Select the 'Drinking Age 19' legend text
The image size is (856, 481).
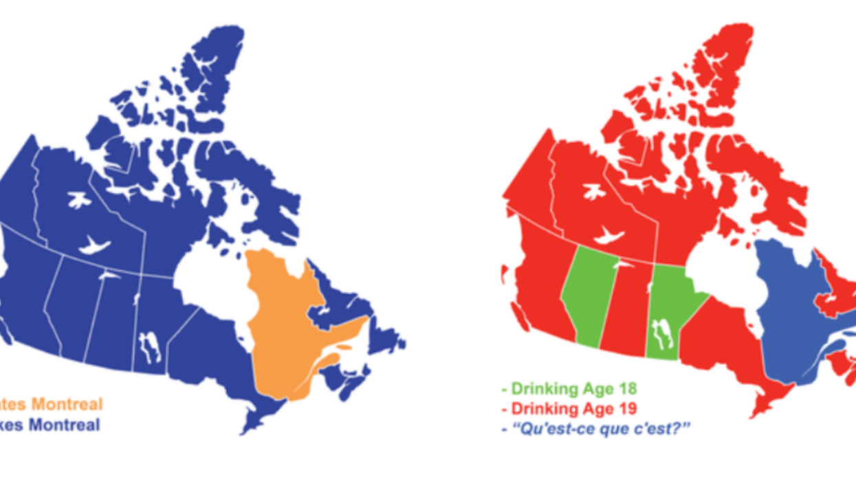point(571,409)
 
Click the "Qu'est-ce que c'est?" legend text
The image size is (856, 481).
point(599,429)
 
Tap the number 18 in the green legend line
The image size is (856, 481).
point(627,389)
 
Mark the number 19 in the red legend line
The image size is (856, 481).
point(627,409)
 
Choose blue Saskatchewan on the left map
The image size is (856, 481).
point(110,316)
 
